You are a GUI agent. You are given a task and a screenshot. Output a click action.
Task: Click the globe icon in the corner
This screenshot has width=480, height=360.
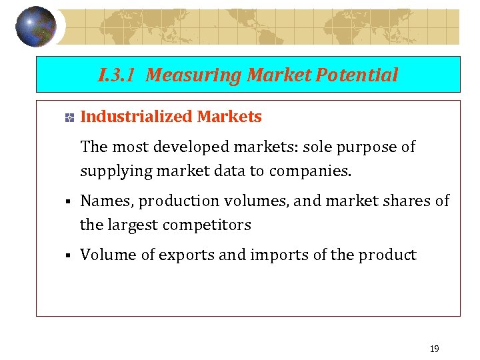[36, 27]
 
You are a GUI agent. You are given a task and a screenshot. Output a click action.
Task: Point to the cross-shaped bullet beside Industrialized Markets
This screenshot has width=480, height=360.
[68, 118]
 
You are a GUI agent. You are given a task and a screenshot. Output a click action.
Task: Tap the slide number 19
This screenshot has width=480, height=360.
[435, 349]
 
